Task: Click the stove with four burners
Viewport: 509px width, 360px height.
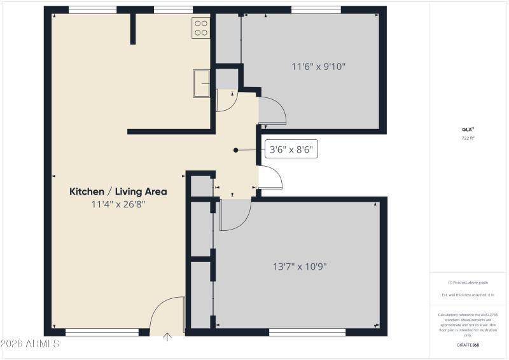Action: coord(200,27)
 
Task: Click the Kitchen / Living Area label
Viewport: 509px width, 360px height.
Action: coord(118,191)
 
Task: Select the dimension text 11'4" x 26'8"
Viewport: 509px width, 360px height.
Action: coord(118,205)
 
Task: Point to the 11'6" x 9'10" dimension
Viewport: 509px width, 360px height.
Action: coord(319,66)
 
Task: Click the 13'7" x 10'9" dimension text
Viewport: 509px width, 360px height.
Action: coord(300,267)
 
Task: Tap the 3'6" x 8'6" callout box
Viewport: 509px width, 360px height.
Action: coord(291,151)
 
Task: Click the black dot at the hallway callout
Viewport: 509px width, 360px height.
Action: coord(236,151)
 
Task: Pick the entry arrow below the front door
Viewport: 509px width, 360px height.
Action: coord(167,337)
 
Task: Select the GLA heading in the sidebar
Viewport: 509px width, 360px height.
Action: coord(468,129)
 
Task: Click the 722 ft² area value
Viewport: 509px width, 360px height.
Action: coord(468,137)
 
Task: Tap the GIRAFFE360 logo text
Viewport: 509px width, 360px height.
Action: coord(468,345)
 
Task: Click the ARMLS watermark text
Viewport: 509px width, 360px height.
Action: coord(30,344)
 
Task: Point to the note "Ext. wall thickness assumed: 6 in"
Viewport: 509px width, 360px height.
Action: coord(468,295)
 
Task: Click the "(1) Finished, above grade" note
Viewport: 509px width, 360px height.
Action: coord(468,282)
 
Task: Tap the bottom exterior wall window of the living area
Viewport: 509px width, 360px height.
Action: coord(102,331)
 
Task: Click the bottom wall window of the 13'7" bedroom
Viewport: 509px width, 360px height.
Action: coord(307,331)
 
